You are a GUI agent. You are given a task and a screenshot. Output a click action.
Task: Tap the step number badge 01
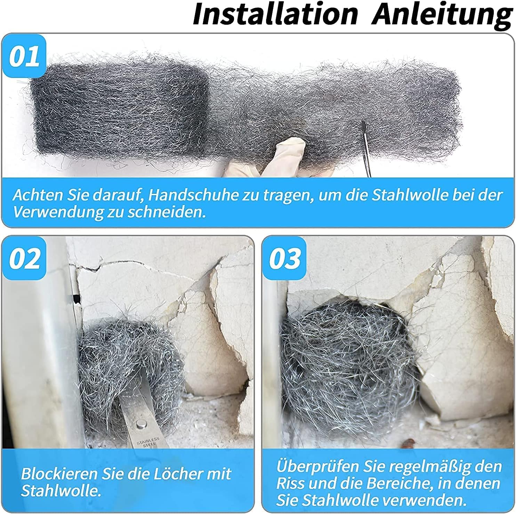pos(24,56)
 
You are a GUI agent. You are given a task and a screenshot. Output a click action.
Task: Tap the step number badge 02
pos(24,258)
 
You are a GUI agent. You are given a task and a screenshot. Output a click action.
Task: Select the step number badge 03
pos(284,258)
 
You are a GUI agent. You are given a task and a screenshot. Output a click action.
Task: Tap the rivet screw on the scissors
pos(140,424)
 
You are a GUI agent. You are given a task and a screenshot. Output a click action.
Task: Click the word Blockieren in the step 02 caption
pos(58,474)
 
